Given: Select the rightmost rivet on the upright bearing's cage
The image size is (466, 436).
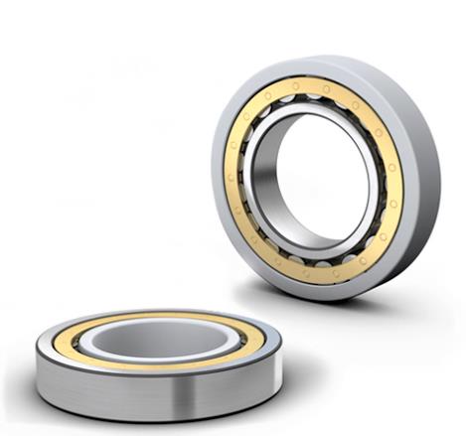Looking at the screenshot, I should [x=396, y=189].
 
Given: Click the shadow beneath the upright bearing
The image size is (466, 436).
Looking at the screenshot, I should [x=338, y=298].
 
